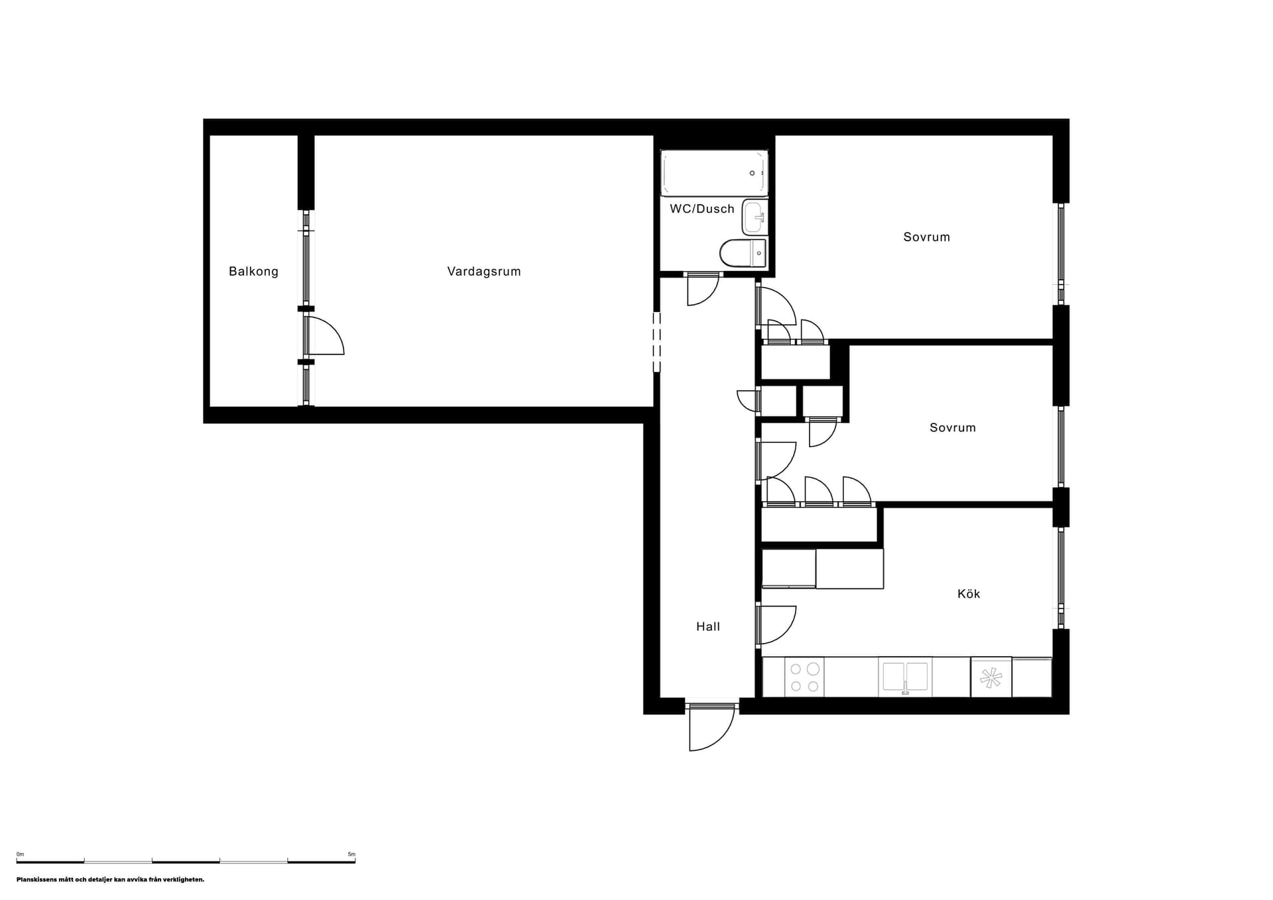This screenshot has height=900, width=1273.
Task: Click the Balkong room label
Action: (x=253, y=271)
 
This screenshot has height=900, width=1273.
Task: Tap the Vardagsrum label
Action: (x=484, y=271)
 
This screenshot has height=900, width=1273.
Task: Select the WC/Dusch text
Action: (x=702, y=209)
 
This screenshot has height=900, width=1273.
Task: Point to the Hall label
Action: (x=708, y=626)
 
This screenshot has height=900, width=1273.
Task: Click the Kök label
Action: (x=969, y=594)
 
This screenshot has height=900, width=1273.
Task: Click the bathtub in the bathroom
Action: (x=714, y=173)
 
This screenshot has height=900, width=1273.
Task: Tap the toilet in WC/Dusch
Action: (x=743, y=253)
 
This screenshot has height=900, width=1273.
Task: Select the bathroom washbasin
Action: (x=755, y=217)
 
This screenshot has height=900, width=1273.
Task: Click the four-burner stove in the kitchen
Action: (x=804, y=677)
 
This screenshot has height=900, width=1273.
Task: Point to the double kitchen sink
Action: (x=905, y=677)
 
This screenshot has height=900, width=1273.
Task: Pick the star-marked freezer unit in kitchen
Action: (x=991, y=677)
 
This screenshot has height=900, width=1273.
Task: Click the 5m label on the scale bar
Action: (x=351, y=854)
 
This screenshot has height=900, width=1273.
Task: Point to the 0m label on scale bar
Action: (x=20, y=854)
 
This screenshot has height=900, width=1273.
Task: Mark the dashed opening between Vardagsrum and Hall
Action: (x=656, y=342)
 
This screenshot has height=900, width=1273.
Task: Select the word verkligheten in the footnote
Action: (x=186, y=880)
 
